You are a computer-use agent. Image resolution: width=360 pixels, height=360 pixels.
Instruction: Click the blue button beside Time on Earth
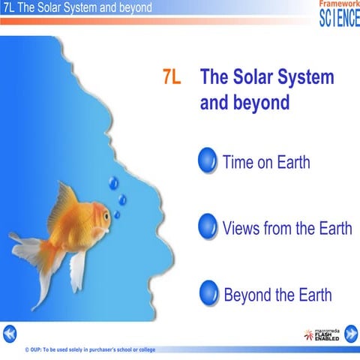click(x=208, y=160)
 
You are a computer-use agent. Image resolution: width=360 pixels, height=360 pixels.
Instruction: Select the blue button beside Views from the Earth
click(x=208, y=226)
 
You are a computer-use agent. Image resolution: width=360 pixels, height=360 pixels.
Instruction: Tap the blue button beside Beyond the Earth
click(x=208, y=293)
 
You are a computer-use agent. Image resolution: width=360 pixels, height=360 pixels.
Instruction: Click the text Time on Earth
click(x=266, y=161)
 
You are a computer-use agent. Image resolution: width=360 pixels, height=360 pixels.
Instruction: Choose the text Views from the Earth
click(x=286, y=228)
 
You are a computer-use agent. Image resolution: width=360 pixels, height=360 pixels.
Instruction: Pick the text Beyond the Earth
click(x=277, y=294)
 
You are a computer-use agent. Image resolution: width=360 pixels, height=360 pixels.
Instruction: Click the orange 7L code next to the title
click(x=171, y=78)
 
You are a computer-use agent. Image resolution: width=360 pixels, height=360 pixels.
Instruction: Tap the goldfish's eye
click(x=106, y=215)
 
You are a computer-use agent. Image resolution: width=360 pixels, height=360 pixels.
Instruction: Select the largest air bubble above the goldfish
click(x=113, y=182)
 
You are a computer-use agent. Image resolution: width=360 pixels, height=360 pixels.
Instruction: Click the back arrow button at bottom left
click(x=9, y=332)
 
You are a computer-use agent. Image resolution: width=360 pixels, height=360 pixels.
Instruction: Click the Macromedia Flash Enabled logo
click(x=321, y=334)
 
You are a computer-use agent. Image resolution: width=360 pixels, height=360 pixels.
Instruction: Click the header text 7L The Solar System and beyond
click(x=77, y=7)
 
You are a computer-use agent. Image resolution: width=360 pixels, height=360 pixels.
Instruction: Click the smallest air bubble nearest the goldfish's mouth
click(x=117, y=214)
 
